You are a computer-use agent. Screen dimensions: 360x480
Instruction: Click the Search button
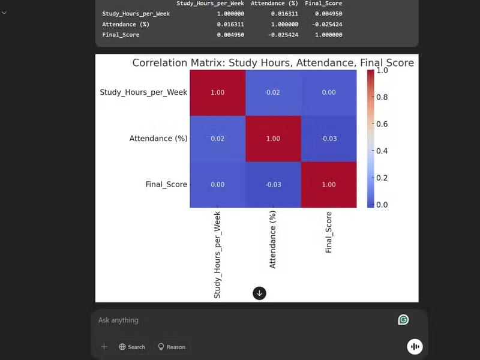point(132,347)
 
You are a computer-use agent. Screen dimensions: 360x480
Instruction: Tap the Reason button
point(172,347)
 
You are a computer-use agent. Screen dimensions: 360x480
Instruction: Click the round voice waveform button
point(415,346)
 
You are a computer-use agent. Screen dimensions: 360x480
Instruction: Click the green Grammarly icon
point(403,320)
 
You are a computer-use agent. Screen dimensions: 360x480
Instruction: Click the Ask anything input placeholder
point(119,320)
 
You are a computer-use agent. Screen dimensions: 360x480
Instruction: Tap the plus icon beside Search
point(104,347)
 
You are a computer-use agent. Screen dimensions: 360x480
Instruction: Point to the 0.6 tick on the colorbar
point(382,124)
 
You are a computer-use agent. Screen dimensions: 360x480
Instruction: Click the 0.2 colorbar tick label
point(382,178)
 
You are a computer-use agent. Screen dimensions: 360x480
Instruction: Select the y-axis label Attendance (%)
point(158,139)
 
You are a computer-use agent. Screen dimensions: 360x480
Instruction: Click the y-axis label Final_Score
point(166,185)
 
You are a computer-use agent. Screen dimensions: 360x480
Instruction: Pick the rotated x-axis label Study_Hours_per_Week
point(218,254)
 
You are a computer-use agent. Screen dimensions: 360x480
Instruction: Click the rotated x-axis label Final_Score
point(329,232)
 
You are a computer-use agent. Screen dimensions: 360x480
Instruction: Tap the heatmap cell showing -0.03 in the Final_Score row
point(273,185)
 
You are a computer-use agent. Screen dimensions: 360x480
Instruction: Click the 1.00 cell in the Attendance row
point(273,139)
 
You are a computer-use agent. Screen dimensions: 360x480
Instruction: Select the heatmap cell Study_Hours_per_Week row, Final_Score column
point(329,92)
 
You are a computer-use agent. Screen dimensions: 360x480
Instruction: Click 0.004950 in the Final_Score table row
point(230,35)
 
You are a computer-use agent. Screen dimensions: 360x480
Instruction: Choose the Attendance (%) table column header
point(274,4)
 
